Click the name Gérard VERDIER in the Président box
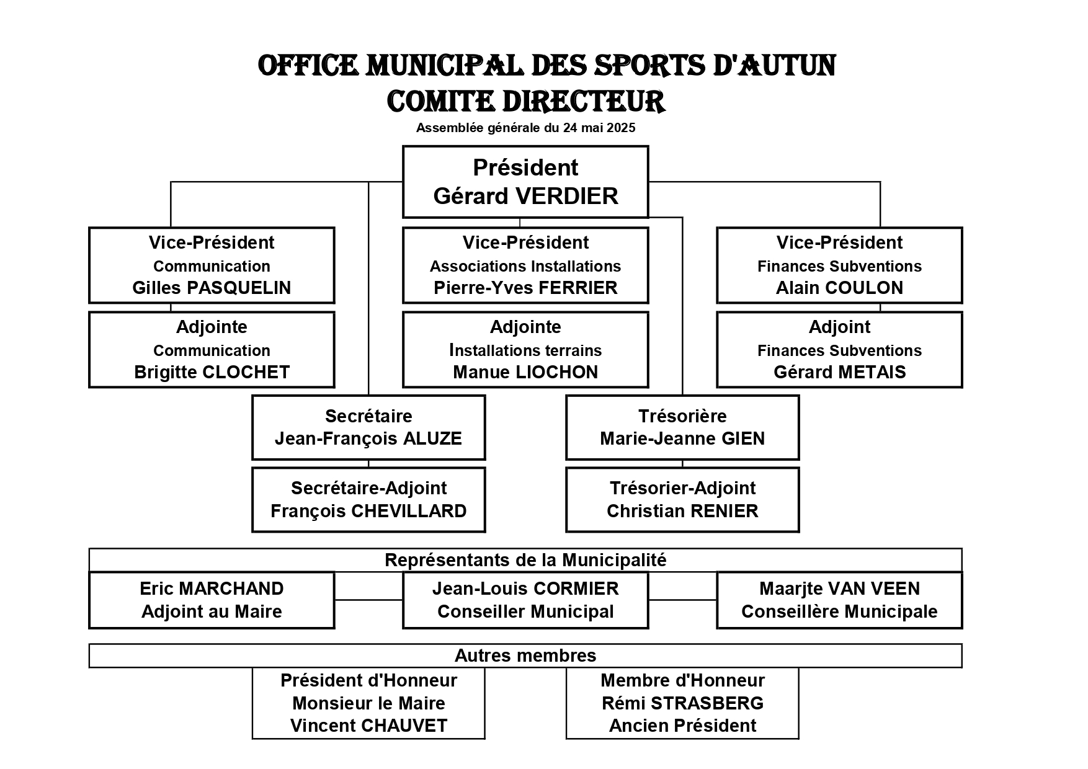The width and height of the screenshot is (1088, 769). (x=525, y=196)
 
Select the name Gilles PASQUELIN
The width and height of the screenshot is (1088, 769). (x=212, y=288)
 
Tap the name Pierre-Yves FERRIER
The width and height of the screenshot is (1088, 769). (x=525, y=288)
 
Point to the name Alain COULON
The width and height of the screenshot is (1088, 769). (x=839, y=288)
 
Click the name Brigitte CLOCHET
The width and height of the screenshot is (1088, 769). (x=212, y=372)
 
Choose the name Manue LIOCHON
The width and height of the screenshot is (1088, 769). (x=525, y=372)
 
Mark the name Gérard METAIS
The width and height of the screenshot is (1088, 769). (x=839, y=372)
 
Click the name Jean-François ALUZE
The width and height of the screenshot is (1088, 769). (x=368, y=439)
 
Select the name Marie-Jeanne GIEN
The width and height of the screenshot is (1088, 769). (x=682, y=439)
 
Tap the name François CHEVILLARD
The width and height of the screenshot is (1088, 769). (x=368, y=511)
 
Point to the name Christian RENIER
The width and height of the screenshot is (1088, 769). (x=682, y=511)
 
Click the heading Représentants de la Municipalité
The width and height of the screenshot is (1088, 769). (x=525, y=560)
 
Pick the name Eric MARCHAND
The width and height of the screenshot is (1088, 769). (x=212, y=589)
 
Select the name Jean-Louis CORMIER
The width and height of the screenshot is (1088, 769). (x=525, y=589)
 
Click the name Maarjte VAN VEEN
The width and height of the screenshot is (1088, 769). (x=839, y=589)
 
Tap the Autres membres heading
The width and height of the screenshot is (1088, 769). (x=525, y=656)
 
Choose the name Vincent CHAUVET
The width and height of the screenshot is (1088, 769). (x=368, y=726)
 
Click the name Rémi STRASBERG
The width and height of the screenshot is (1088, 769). (x=682, y=703)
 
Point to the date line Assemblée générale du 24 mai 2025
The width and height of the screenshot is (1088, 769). (x=525, y=128)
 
